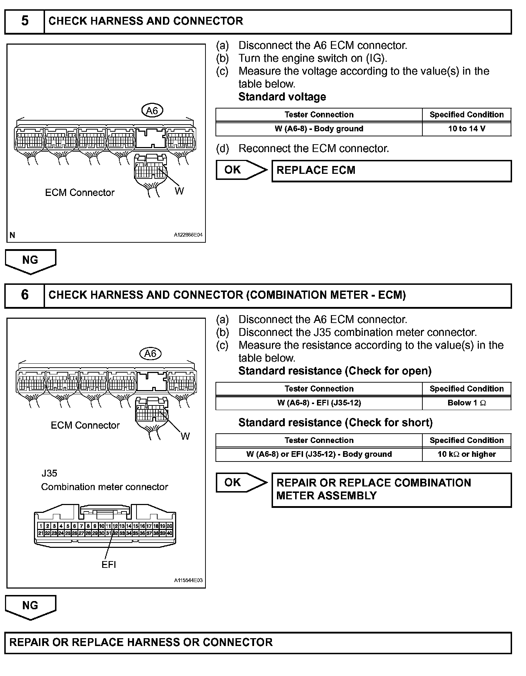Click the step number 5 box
pos(25,21)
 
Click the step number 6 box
pos(25,295)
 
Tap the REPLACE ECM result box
pos(391,171)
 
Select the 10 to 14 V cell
pos(466,129)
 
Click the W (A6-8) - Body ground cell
pos(319,129)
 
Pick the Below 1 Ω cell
pos(466,403)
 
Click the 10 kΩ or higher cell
pos(466,454)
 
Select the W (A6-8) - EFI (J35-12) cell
pos(319,403)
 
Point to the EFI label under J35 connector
pos(109,565)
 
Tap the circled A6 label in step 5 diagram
pos(152,111)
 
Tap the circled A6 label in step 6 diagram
pos(150,354)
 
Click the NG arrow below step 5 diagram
pos(30,261)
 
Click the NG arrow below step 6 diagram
pos(30,606)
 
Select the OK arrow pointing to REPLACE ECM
pos(240,170)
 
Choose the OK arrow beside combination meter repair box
pos(240,483)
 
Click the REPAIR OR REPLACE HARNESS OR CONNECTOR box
pos(258,642)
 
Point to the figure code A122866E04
pos(188,235)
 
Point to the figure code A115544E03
pos(188,580)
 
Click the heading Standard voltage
pos(282,97)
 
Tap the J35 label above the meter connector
pos(49,473)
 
